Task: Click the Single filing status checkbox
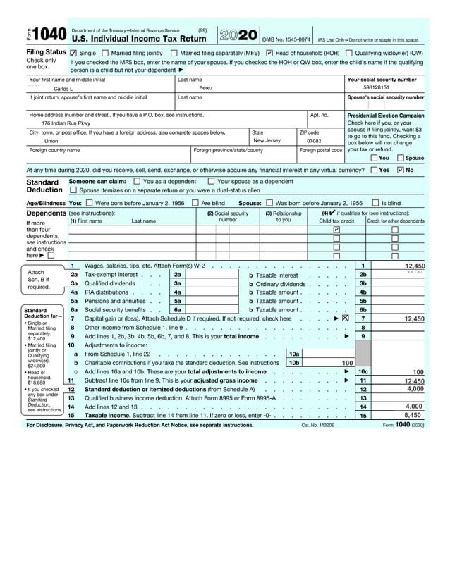tap(73, 53)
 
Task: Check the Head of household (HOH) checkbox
tap(269, 53)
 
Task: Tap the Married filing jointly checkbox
tap(105, 53)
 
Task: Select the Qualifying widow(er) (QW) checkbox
tap(349, 53)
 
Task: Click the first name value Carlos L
tap(64, 89)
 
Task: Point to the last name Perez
tap(205, 89)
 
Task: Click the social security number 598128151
tap(386, 88)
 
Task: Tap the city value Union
tap(51, 141)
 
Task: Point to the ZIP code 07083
tap(315, 141)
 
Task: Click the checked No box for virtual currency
tap(401, 170)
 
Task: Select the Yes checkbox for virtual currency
tap(373, 170)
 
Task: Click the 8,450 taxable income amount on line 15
tap(413, 416)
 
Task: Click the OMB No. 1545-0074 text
tap(286, 40)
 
